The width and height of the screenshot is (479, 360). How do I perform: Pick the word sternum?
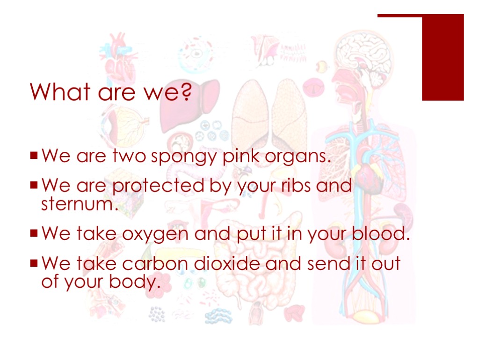[x=77, y=204]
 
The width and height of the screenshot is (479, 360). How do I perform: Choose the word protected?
[x=158, y=187]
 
